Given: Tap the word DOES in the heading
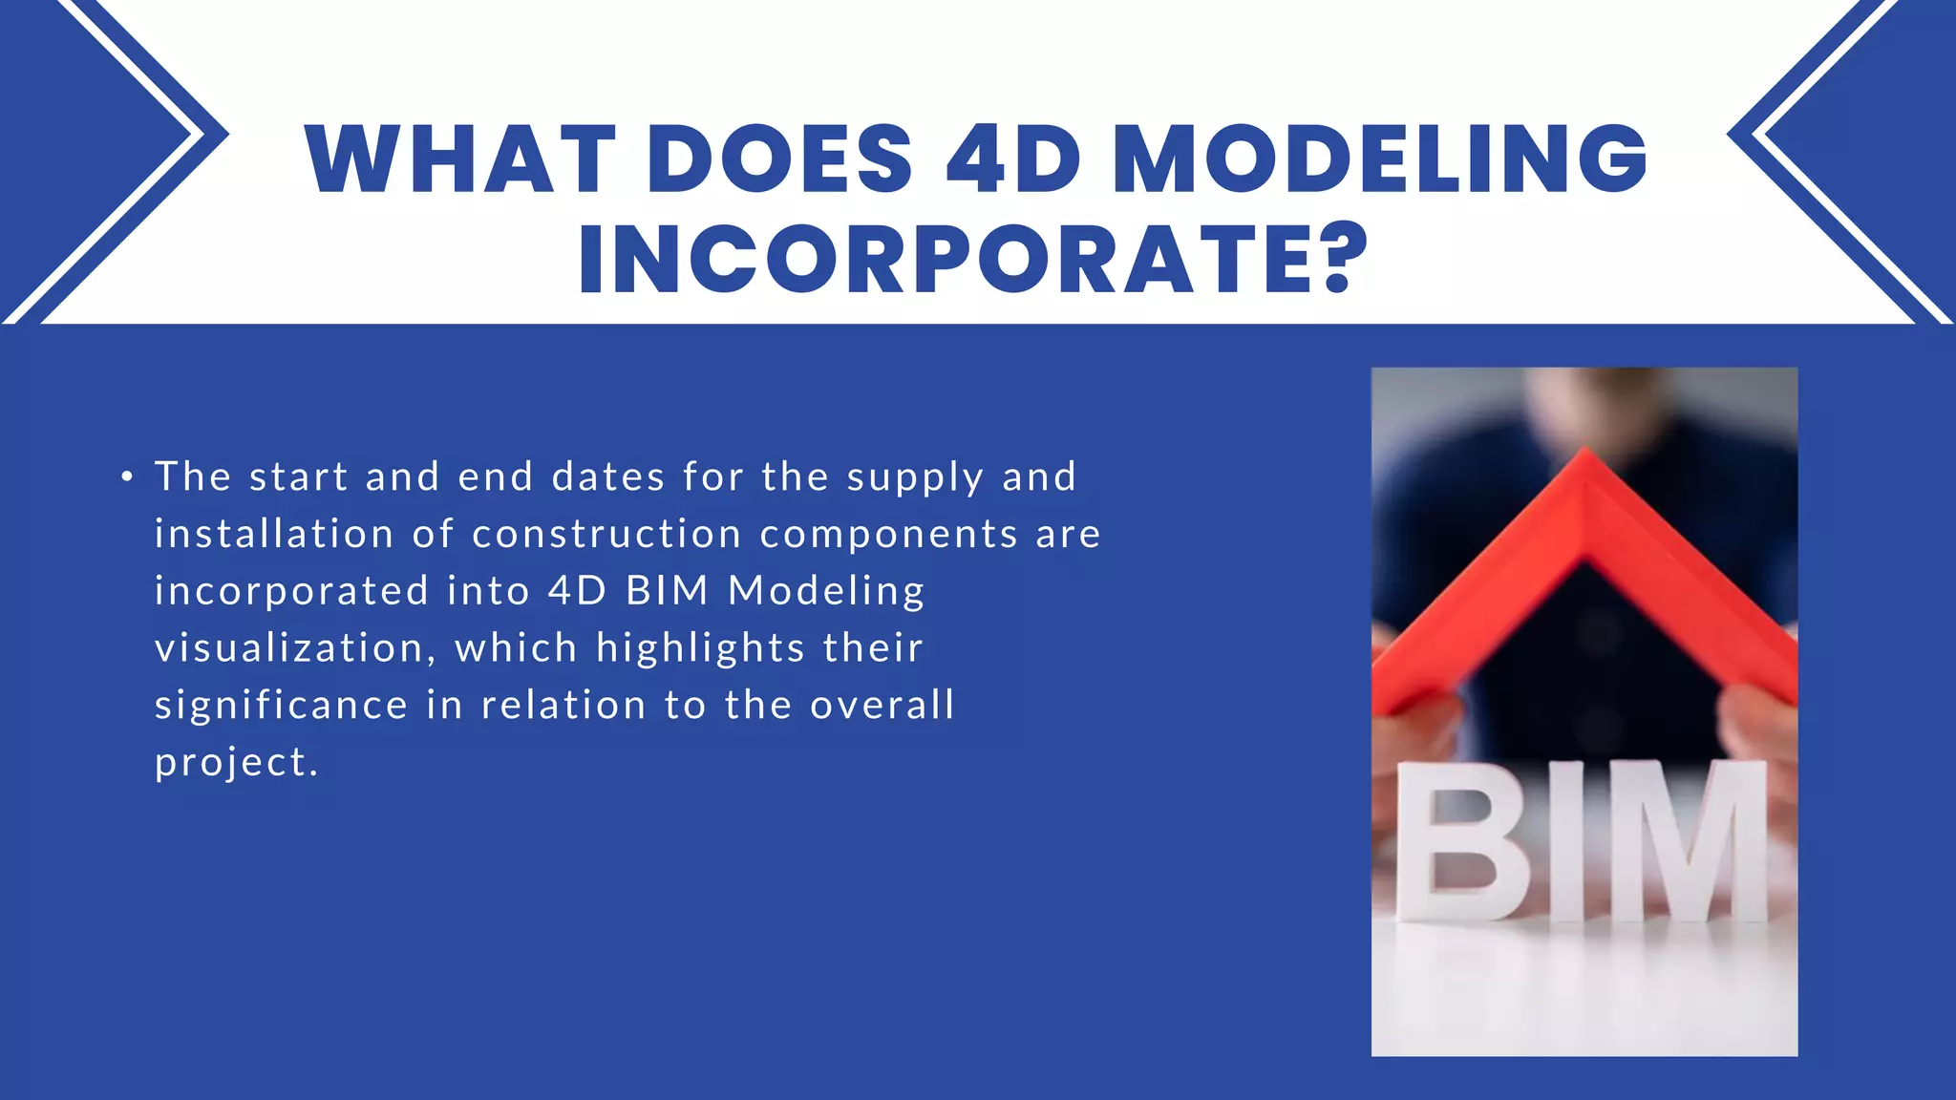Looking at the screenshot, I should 780,159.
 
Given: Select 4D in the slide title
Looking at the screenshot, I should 1013,159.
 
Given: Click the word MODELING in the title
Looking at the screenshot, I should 1380,159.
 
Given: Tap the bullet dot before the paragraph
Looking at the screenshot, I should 127,476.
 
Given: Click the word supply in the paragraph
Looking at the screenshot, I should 915,477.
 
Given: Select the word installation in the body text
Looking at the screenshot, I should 274,534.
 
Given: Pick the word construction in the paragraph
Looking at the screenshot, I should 607,534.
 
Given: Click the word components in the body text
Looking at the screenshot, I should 888,534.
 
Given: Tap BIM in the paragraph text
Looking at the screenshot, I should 667,591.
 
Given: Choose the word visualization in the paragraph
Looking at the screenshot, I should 289,648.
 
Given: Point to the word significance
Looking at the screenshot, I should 282,706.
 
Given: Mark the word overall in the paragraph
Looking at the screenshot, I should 882,706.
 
